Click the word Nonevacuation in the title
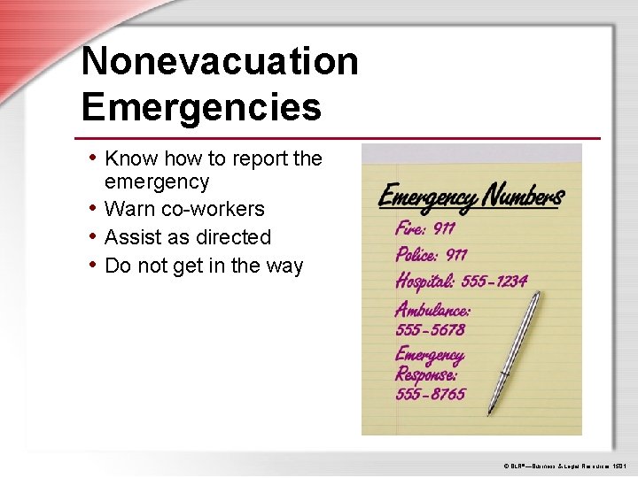click(220, 62)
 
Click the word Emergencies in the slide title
click(201, 107)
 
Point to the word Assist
click(133, 237)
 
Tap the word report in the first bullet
click(259, 159)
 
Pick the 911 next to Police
click(456, 255)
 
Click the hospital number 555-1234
click(494, 281)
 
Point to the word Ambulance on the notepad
click(432, 309)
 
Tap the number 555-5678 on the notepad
click(430, 329)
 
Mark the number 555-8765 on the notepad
click(430, 394)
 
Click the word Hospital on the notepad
click(424, 281)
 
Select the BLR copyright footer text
click(564, 465)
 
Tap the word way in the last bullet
click(284, 266)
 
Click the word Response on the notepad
click(426, 374)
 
